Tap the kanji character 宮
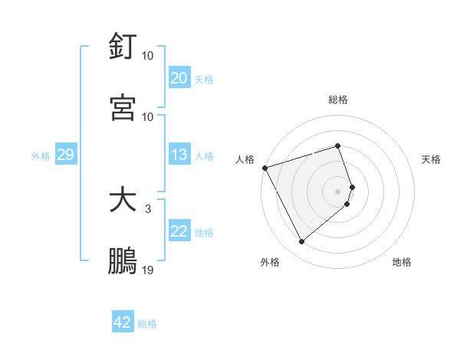(123, 107)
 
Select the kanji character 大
(123, 201)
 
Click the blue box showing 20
(179, 78)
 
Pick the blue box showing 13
(179, 155)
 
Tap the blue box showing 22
(179, 232)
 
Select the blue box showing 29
(65, 155)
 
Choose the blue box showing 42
(123, 322)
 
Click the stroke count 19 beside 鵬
(148, 270)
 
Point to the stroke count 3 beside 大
(148, 208)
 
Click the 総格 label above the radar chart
(338, 100)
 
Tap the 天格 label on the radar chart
(432, 159)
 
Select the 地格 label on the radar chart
(402, 263)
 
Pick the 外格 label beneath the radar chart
(270, 263)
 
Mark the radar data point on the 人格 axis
(264, 168)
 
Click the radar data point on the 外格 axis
(301, 242)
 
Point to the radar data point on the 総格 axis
(338, 146)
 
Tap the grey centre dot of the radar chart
(338, 191)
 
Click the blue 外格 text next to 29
(41, 156)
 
